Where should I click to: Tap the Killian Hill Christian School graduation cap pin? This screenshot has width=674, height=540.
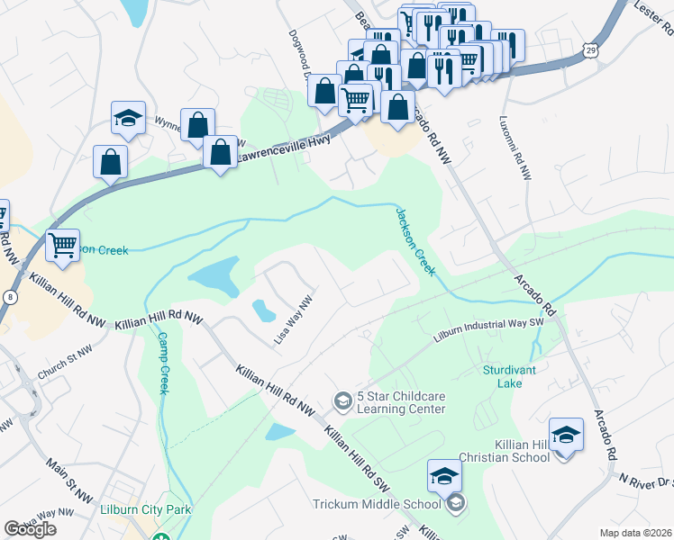click(x=565, y=436)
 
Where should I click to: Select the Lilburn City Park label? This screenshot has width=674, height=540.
click(x=159, y=510)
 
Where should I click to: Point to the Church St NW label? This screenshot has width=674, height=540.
click(x=65, y=364)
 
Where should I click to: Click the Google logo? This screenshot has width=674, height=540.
click(x=30, y=528)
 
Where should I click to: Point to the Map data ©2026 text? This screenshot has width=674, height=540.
click(x=634, y=533)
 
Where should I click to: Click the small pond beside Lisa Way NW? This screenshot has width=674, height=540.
click(x=263, y=310)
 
